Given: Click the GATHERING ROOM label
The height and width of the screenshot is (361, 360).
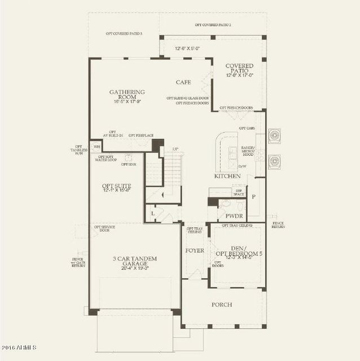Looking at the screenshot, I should pos(128,95).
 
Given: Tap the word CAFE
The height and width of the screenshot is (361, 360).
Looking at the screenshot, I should pos(183,82).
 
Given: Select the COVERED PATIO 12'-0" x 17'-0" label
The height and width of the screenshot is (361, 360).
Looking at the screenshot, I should pos(239,71).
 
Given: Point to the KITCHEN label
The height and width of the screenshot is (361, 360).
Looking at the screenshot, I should pos(227,176).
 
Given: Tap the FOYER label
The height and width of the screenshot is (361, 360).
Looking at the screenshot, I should pos(195,250).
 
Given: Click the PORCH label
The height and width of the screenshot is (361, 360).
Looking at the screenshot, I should pos(222,305).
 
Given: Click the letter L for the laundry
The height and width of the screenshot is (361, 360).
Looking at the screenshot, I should pos(152,214).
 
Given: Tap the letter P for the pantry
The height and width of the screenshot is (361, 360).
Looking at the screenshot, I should pos(254,197).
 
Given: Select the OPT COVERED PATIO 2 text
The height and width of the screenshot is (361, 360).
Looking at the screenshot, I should pos(213,25).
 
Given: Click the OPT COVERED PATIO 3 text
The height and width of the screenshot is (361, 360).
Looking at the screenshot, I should pos(124,34).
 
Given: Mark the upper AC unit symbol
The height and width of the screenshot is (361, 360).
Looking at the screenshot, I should pos(275,135).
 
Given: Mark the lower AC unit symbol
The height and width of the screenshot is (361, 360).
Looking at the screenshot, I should pos(275,161).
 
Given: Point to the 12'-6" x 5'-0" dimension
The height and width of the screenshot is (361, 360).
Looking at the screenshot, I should pos(187,49).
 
